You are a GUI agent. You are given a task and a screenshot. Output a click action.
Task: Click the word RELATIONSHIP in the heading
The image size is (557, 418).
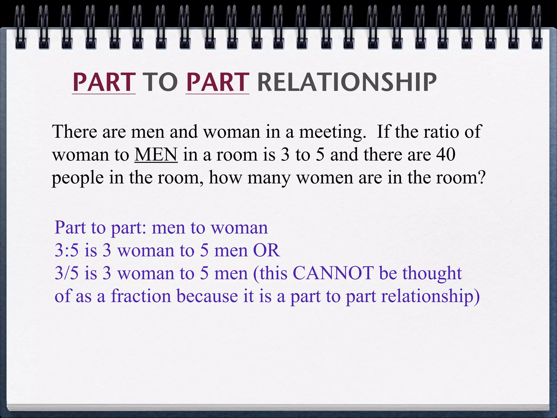pyautogui.click(x=347, y=82)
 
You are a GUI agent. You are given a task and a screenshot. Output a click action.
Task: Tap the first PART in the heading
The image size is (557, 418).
pyautogui.click(x=104, y=82)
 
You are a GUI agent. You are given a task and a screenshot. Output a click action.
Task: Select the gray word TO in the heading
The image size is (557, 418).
pyautogui.click(x=160, y=82)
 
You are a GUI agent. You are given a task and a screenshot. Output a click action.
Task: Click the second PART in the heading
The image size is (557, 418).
pyautogui.click(x=217, y=82)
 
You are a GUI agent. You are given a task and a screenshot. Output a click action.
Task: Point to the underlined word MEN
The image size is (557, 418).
pyautogui.click(x=156, y=155)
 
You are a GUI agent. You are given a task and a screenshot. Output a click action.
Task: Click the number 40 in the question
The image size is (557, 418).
pyautogui.click(x=446, y=155)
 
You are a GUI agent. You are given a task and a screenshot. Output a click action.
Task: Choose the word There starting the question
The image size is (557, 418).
pyautogui.click(x=75, y=132)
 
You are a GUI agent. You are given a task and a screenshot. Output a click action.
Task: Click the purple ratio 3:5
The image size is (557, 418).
pyautogui.click(x=66, y=250)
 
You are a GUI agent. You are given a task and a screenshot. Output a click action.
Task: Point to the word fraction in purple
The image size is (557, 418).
pyautogui.click(x=141, y=296)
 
